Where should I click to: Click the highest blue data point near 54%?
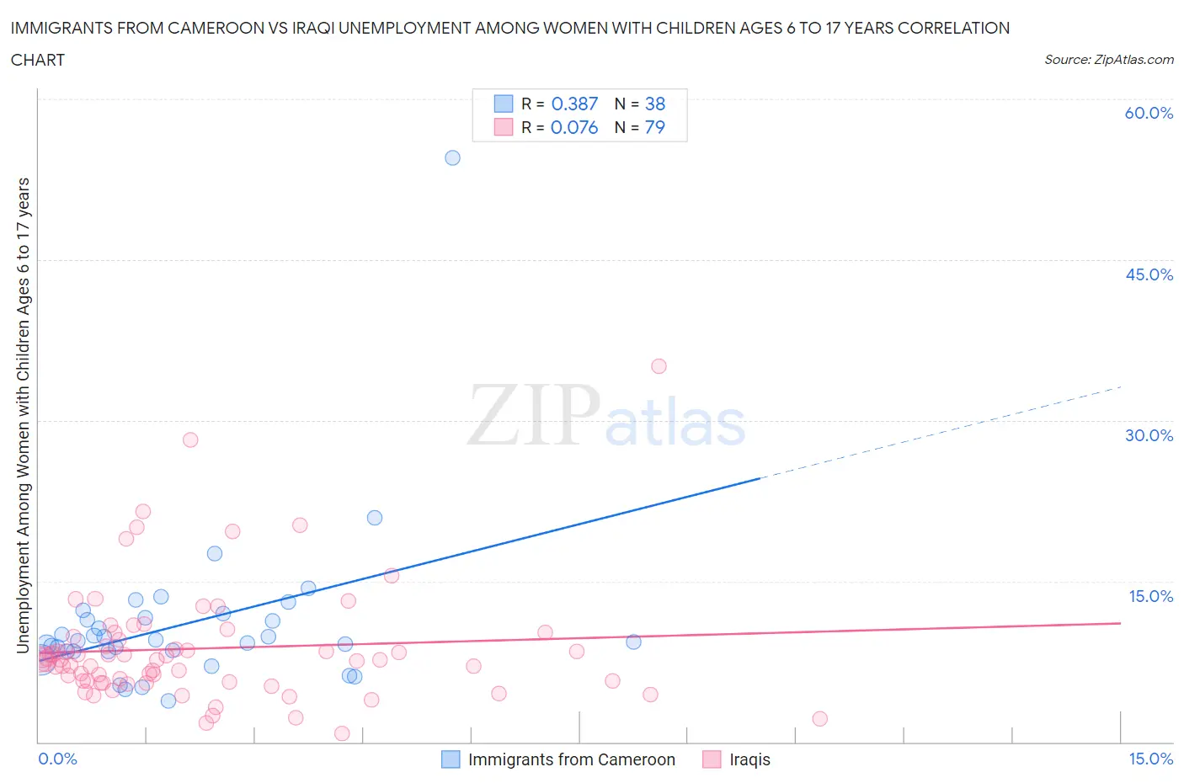(452, 157)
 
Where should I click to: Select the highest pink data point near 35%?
(659, 366)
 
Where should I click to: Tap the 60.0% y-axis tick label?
(1149, 113)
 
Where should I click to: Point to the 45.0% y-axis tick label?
(1149, 274)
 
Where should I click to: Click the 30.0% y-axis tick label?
(1149, 435)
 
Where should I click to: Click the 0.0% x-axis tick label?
(57, 759)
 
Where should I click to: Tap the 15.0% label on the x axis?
(1150, 759)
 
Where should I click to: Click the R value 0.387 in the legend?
(574, 104)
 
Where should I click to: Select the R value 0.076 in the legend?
(574, 127)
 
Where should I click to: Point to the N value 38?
(655, 104)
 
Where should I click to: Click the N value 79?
(654, 127)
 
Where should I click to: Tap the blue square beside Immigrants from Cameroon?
(451, 759)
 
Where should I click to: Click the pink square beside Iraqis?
(712, 759)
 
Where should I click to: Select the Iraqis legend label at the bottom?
(749, 759)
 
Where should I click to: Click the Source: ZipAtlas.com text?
(1108, 59)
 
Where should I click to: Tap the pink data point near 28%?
(190, 439)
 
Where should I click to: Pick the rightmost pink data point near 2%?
(819, 718)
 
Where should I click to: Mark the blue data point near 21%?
(375, 518)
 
